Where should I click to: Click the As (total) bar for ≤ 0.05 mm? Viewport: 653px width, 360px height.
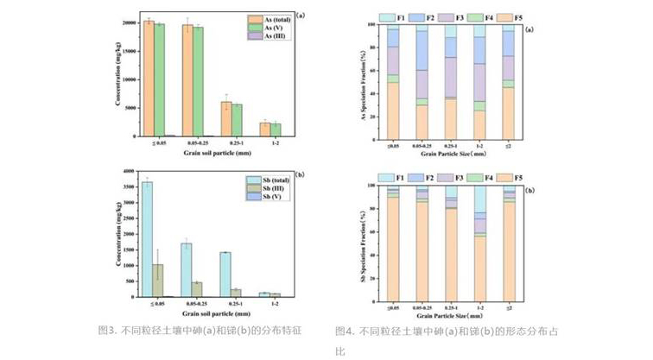coord(149,78)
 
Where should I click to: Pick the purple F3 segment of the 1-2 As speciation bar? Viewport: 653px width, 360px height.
coord(479,83)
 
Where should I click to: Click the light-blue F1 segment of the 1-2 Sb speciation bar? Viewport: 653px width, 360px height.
coord(479,199)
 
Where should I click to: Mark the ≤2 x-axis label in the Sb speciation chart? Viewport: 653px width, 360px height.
coord(509,306)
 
